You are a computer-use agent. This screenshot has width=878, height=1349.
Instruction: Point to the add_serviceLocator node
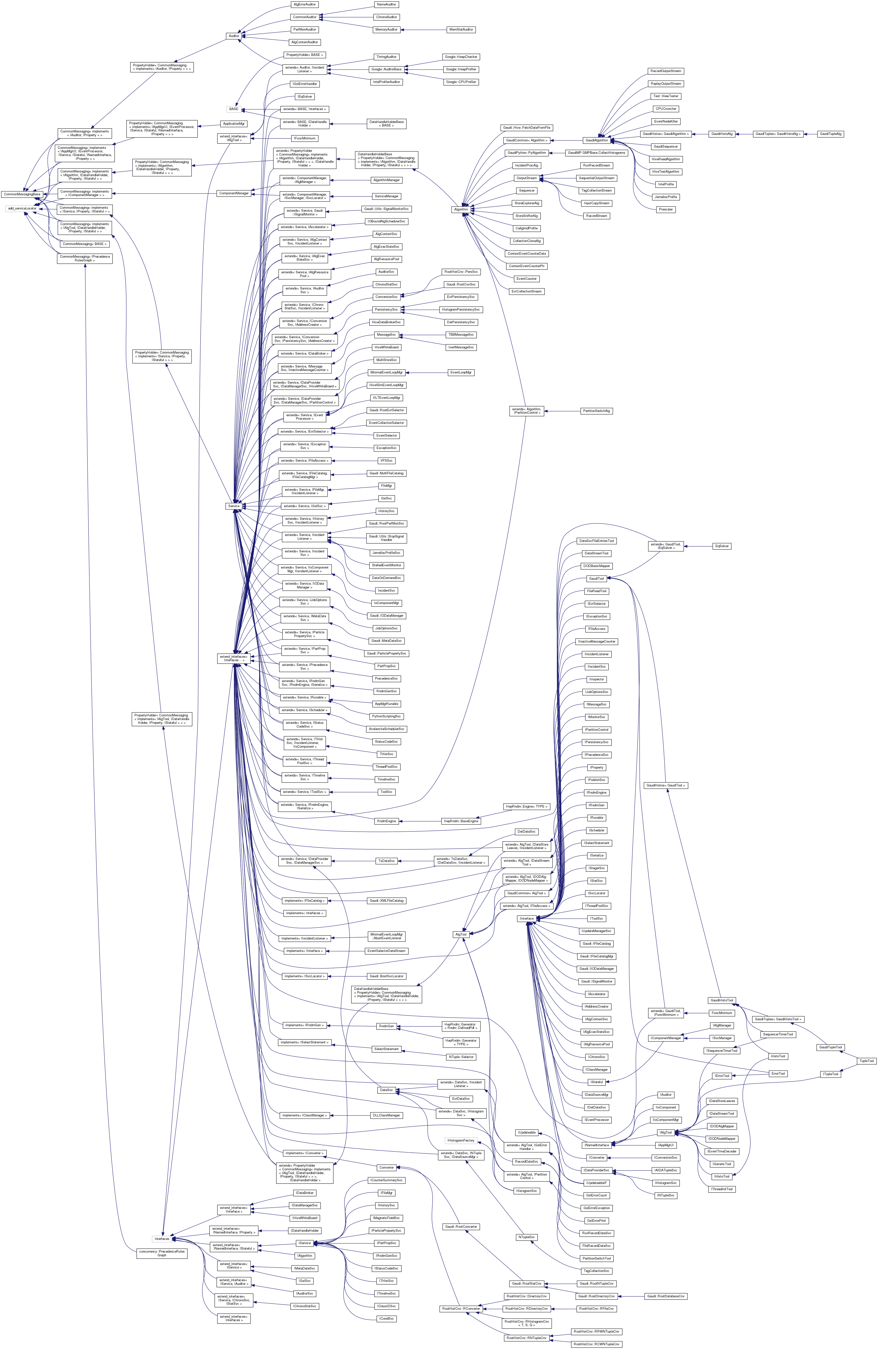pyautogui.click(x=22, y=208)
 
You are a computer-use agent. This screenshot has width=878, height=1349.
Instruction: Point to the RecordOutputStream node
pyautogui.click(x=666, y=71)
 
